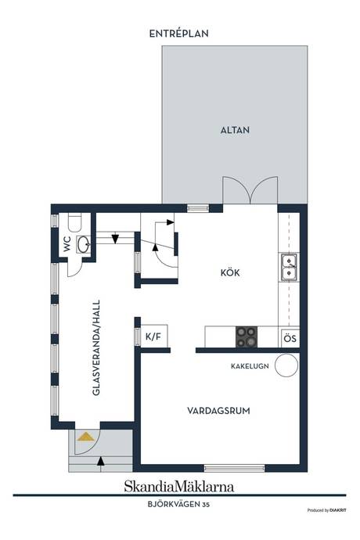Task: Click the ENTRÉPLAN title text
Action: pyautogui.click(x=180, y=34)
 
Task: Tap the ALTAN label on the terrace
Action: pyautogui.click(x=234, y=131)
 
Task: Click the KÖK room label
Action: pyautogui.click(x=229, y=273)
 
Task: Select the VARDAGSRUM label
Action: pyautogui.click(x=218, y=410)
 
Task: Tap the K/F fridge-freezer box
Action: pyautogui.click(x=153, y=337)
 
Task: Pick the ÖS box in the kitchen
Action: pyautogui.click(x=290, y=338)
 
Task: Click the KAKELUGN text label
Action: pyautogui.click(x=250, y=365)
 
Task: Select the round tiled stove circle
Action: pyautogui.click(x=286, y=365)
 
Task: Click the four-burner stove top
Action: pyautogui.click(x=247, y=337)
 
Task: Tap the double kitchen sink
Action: pyautogui.click(x=288, y=268)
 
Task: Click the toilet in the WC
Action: pyautogui.click(x=75, y=220)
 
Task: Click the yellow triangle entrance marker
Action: pyautogui.click(x=85, y=436)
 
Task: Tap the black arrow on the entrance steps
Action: pyautogui.click(x=99, y=461)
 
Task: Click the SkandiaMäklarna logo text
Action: pyautogui.click(x=178, y=486)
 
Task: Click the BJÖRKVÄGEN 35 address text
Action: pyautogui.click(x=179, y=505)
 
